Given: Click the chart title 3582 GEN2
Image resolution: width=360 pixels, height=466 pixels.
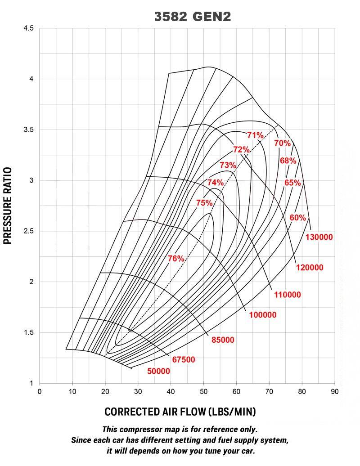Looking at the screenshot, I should click(x=193, y=17).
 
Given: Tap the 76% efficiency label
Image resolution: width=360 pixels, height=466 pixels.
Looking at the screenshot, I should click(x=176, y=259).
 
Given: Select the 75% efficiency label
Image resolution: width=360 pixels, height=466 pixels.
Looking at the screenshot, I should click(x=204, y=203).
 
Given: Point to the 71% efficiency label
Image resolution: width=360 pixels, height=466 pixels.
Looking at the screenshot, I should click(x=255, y=135).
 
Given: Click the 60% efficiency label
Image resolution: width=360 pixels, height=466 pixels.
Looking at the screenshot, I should click(x=297, y=218).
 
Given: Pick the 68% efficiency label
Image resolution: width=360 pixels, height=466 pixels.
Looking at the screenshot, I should click(x=288, y=161).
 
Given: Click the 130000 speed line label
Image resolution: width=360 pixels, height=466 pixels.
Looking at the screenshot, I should click(x=319, y=237).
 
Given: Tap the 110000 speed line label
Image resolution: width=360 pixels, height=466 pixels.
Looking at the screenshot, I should click(x=288, y=295).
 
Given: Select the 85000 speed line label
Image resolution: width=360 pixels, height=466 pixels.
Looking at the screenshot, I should click(x=223, y=340).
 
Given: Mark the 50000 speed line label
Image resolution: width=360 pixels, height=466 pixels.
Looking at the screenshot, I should click(x=158, y=371).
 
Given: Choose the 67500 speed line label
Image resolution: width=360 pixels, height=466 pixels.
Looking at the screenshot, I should click(x=183, y=360).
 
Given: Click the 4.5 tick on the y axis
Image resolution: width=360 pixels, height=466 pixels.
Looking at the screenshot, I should click(x=28, y=28).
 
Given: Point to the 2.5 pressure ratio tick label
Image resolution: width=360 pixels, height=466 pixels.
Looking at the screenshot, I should click(x=28, y=231).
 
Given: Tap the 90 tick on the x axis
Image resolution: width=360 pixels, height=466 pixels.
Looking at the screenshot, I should click(x=334, y=391).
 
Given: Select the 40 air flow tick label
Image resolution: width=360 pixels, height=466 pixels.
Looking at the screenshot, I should click(x=171, y=391).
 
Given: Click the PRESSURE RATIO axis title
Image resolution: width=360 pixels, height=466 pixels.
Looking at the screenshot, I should click(x=8, y=206).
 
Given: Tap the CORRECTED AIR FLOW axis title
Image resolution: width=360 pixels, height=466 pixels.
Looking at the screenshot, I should click(x=180, y=412).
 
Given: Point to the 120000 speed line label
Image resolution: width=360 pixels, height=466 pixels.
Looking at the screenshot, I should click(x=310, y=268).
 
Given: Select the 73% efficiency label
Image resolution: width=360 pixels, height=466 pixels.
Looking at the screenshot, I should click(x=228, y=165).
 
